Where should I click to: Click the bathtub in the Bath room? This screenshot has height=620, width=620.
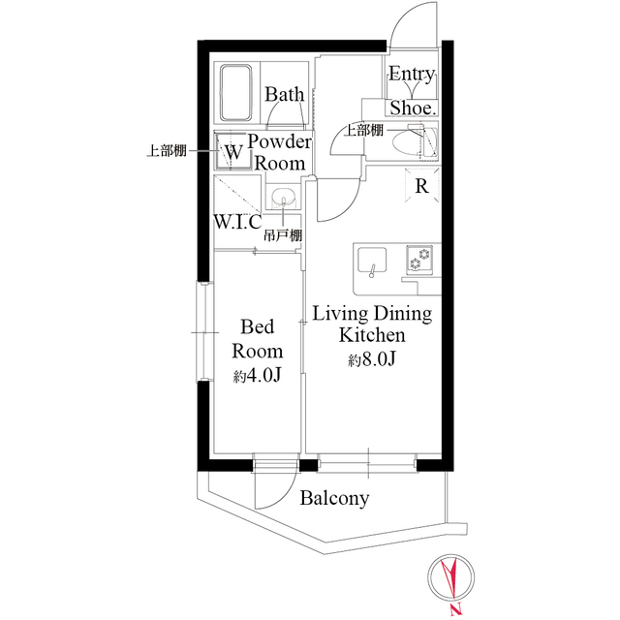tap(236, 92)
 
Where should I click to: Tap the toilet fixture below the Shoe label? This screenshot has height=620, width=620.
tap(419, 142)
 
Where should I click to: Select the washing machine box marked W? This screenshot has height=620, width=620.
tap(233, 152)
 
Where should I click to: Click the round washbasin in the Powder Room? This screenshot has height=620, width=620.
tap(283, 198)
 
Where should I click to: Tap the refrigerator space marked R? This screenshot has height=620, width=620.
tap(423, 185)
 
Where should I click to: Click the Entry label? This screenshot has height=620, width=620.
tap(412, 75)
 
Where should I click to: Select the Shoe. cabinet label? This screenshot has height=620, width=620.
tap(414, 108)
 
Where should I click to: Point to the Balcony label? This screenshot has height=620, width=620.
tap(334, 499)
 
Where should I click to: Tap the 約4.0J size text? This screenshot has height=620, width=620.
tap(257, 376)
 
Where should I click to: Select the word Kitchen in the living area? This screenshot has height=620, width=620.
tap(371, 336)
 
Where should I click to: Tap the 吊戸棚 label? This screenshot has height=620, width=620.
tap(283, 235)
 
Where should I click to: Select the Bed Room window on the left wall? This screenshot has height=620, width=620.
tap(202, 332)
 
